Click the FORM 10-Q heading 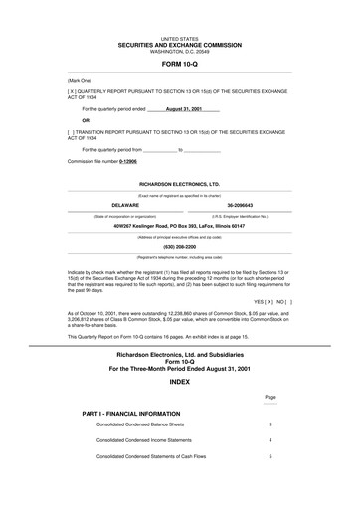(x=179, y=62)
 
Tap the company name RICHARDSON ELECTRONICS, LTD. (x=179, y=185)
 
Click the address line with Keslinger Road (x=179, y=226)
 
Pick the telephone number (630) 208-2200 (x=179, y=247)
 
